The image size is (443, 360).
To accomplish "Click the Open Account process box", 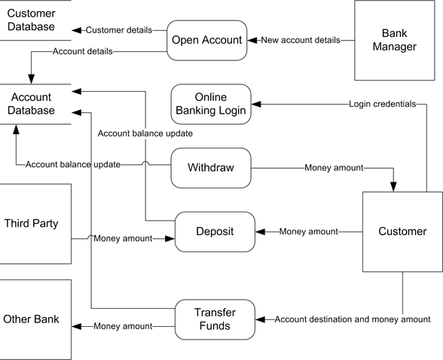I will tap(207, 40).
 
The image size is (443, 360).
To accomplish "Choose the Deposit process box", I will tap(215, 231).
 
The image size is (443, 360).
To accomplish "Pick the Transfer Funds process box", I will tap(215, 319).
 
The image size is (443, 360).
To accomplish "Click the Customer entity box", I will tap(402, 231).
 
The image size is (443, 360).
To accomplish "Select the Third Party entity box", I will tap(35, 224).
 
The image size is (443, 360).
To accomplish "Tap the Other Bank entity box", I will tap(35, 319).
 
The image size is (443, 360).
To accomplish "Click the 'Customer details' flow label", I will tap(119, 30).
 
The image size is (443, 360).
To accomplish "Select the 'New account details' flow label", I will tap(301, 40).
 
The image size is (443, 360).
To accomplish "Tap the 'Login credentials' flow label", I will tap(383, 104).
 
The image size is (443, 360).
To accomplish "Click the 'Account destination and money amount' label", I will tap(352, 319).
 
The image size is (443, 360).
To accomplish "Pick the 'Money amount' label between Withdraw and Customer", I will tap(334, 167).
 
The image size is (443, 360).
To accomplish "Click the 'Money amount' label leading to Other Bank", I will tap(122, 326).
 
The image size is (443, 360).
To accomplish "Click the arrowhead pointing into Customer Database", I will tap(76, 30).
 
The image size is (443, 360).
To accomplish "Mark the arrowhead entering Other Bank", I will tap(76, 326).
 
